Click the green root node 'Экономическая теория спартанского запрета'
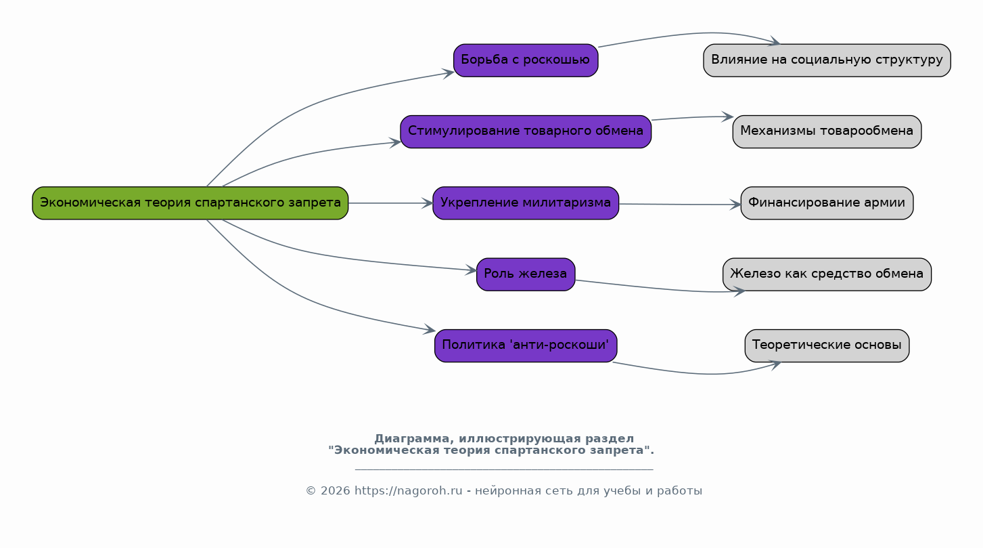[190, 203]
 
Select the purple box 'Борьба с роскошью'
[526, 60]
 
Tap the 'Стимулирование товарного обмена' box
[526, 132]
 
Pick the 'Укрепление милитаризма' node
[526, 203]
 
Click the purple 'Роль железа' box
[526, 274]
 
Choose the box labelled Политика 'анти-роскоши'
[526, 346]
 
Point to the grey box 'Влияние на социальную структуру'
[827, 60]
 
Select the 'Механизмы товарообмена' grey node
[827, 132]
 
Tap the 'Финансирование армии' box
[827, 203]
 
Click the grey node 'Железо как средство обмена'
[827, 274]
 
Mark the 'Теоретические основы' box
[827, 346]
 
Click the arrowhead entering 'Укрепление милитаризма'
[428, 203]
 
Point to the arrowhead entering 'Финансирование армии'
[735, 205]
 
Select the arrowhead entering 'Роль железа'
[472, 270]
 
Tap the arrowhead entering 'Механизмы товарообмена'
[727, 117]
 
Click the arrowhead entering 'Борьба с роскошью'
[448, 73]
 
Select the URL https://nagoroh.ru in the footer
[408, 491]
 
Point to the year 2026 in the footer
[336, 491]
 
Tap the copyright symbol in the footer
[311, 491]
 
